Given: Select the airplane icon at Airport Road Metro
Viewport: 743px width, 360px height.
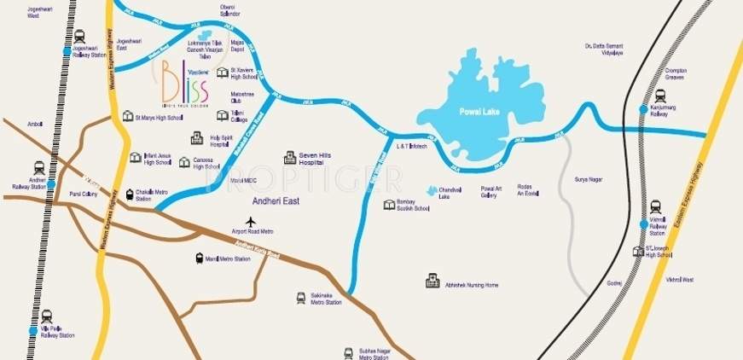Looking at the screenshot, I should point(251,222).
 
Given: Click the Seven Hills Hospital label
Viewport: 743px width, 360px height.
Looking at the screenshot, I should point(315,159).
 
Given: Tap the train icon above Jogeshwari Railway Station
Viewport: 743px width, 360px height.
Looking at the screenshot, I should point(80,37).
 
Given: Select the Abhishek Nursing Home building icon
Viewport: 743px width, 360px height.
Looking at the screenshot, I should point(432,281).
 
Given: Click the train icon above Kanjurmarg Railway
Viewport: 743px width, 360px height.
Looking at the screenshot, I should point(659,96).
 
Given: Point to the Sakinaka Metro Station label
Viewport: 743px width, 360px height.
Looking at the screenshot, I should point(326,299).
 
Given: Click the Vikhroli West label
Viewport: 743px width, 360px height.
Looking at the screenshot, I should point(680,279).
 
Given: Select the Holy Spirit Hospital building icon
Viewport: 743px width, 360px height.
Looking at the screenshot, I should point(196,138).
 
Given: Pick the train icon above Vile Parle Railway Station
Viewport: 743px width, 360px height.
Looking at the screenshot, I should point(46,316).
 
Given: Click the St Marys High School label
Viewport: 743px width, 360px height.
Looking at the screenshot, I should point(159,117).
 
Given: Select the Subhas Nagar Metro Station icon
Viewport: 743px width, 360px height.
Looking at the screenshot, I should point(348,351).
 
